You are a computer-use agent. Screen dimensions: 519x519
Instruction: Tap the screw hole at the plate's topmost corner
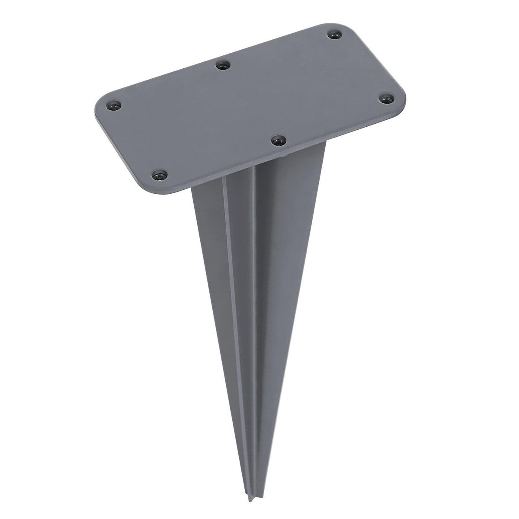pos(334,34)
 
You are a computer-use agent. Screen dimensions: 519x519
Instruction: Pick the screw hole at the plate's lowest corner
pos(160,175)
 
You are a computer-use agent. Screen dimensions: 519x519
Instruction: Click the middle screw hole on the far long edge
pos(223,65)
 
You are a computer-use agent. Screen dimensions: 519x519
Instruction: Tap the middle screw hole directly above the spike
pos(279,140)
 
